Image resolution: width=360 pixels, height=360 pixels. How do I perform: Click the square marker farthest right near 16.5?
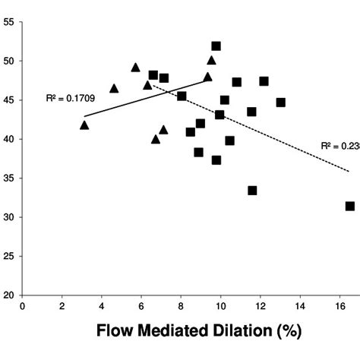click(350, 206)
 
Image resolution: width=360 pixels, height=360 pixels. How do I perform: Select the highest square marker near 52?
click(216, 46)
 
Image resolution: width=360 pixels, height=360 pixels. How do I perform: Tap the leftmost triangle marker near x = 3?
click(84, 125)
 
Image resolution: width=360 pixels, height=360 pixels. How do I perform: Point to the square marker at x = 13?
click(281, 103)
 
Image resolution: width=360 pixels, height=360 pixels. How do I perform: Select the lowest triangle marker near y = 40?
click(156, 139)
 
